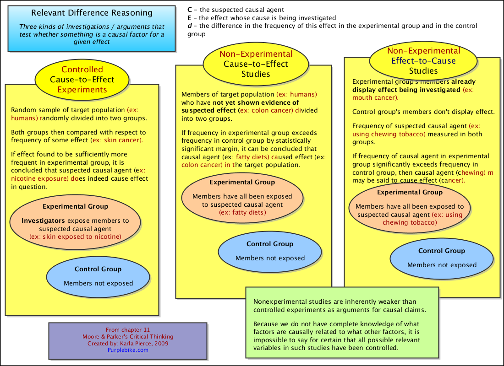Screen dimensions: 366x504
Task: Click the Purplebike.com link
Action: [x=128, y=350]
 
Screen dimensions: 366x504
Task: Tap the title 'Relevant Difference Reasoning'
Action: [x=92, y=13]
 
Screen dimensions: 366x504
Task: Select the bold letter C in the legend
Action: [x=190, y=10]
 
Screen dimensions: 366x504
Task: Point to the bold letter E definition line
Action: [x=262, y=18]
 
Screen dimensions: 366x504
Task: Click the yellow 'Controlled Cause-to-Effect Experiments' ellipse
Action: [x=82, y=79]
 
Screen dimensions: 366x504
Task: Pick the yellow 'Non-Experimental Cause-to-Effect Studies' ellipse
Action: [x=256, y=64]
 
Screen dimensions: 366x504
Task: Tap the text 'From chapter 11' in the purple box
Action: [x=127, y=329]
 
